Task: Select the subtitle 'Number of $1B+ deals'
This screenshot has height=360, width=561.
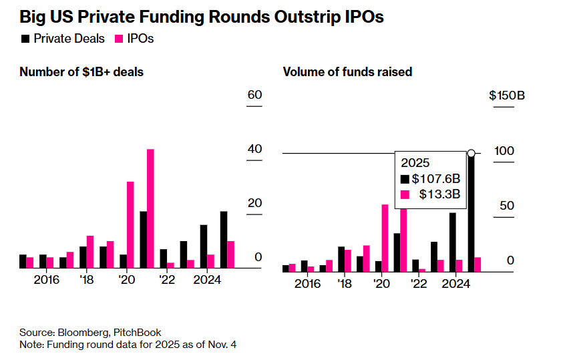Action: [x=81, y=71]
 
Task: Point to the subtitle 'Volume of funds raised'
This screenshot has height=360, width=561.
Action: [x=347, y=71]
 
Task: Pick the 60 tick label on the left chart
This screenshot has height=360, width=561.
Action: [x=254, y=95]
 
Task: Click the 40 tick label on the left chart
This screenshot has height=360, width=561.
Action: [x=254, y=149]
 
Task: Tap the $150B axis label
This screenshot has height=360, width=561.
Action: [x=507, y=96]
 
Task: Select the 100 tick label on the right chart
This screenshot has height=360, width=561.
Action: [x=504, y=151]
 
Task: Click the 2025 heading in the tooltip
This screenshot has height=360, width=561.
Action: [x=415, y=162]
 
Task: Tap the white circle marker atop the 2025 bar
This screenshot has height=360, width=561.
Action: [x=471, y=154]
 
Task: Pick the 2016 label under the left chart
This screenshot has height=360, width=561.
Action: [x=46, y=279]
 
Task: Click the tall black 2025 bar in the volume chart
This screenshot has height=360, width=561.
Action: [x=471, y=214]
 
